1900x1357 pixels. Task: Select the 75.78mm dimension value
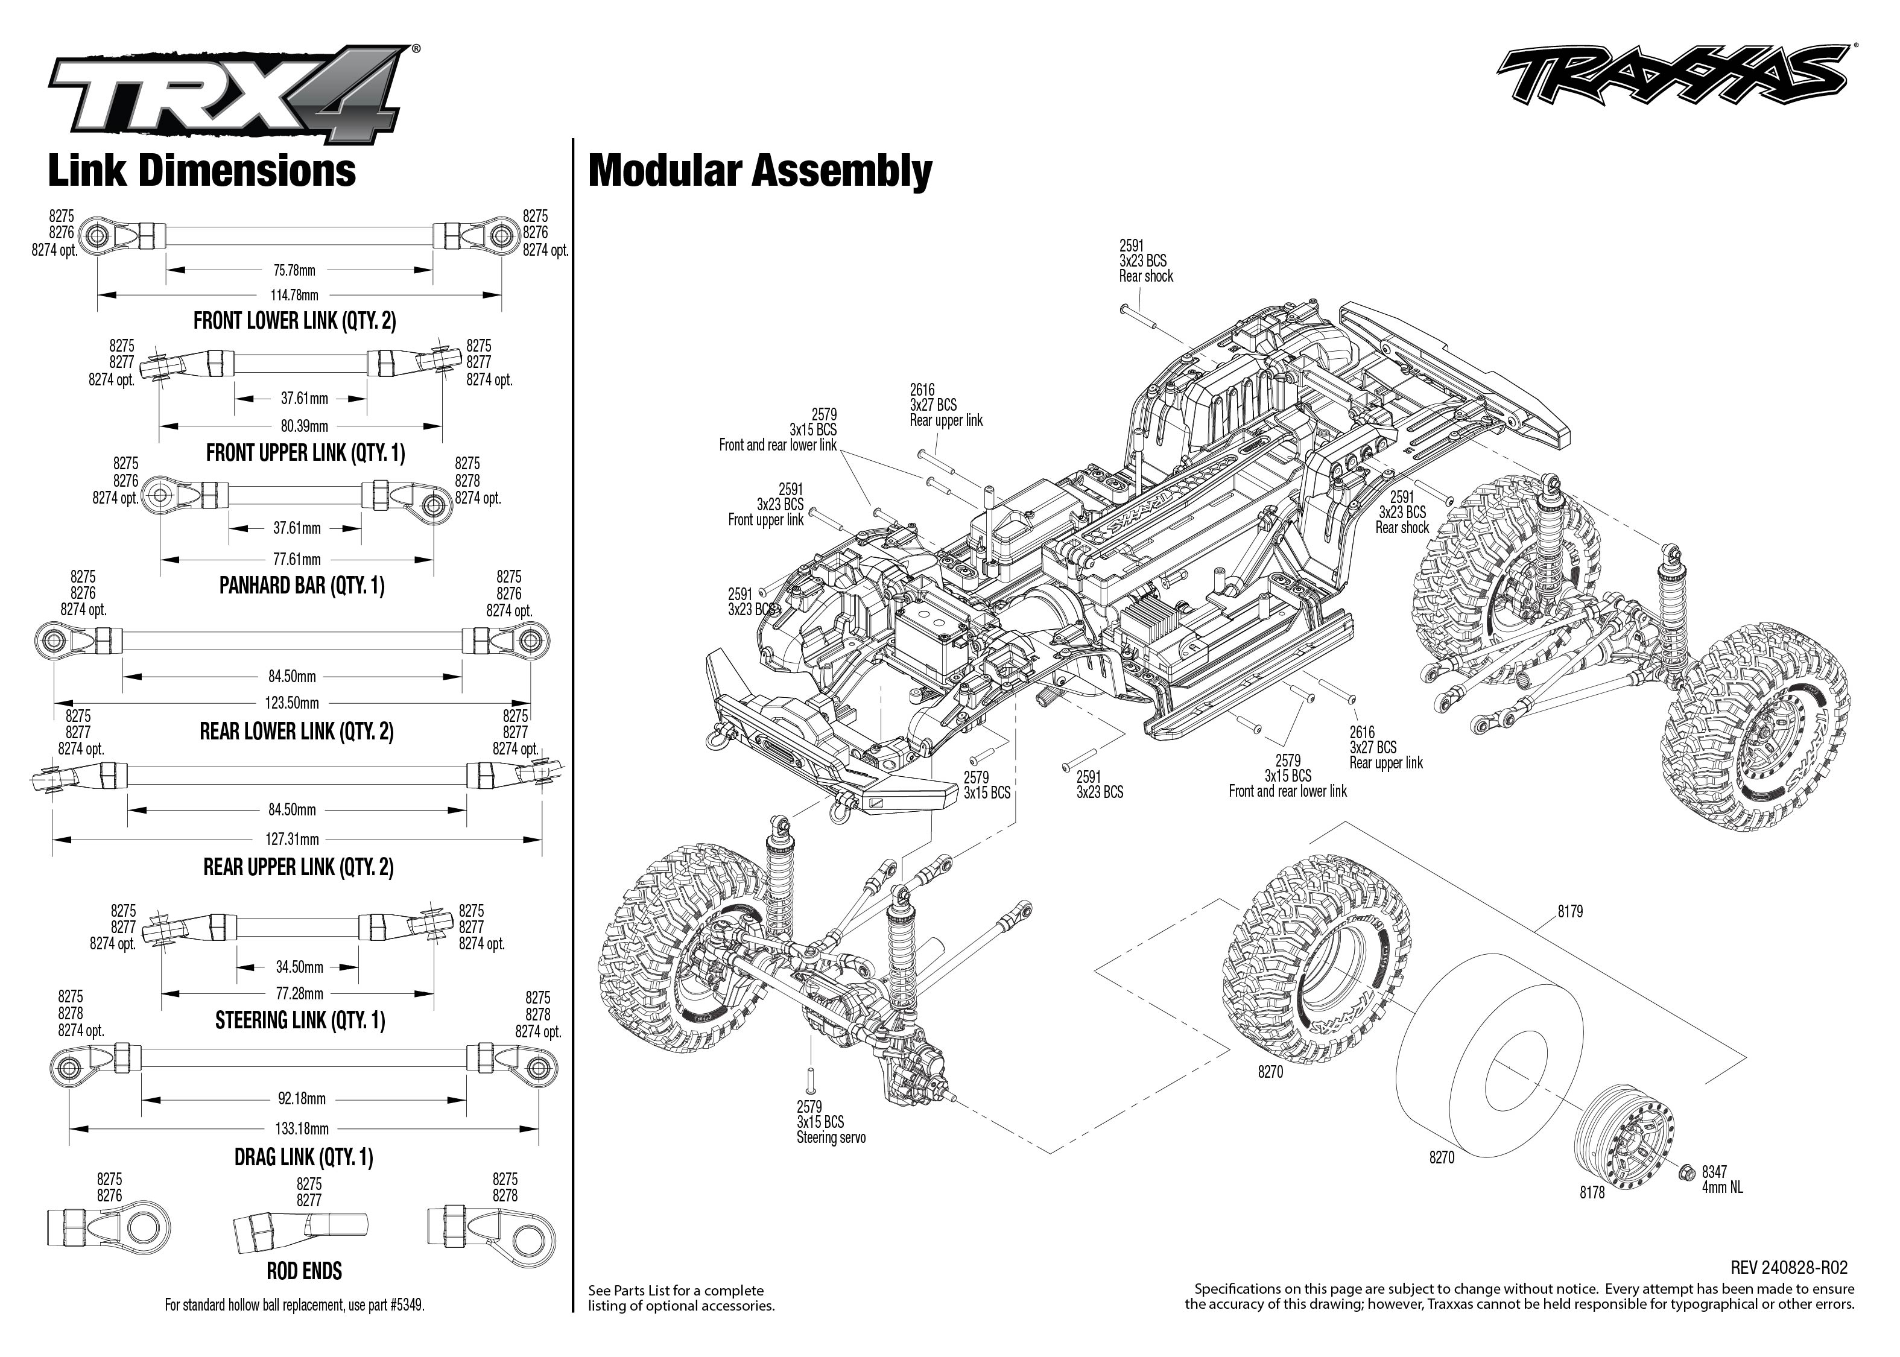pos(294,271)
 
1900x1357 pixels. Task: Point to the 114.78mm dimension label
pos(294,295)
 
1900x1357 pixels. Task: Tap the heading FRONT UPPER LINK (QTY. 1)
pos(305,453)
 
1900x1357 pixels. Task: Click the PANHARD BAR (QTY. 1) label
pos(302,586)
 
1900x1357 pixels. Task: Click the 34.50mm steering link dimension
pos(299,967)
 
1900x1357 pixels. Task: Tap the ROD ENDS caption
pos(304,1271)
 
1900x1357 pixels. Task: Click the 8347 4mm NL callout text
pos(1722,1179)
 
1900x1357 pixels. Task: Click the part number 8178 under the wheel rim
pos(1592,1193)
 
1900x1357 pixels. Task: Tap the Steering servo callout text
pos(831,1137)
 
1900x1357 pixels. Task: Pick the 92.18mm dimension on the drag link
pos(302,1099)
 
